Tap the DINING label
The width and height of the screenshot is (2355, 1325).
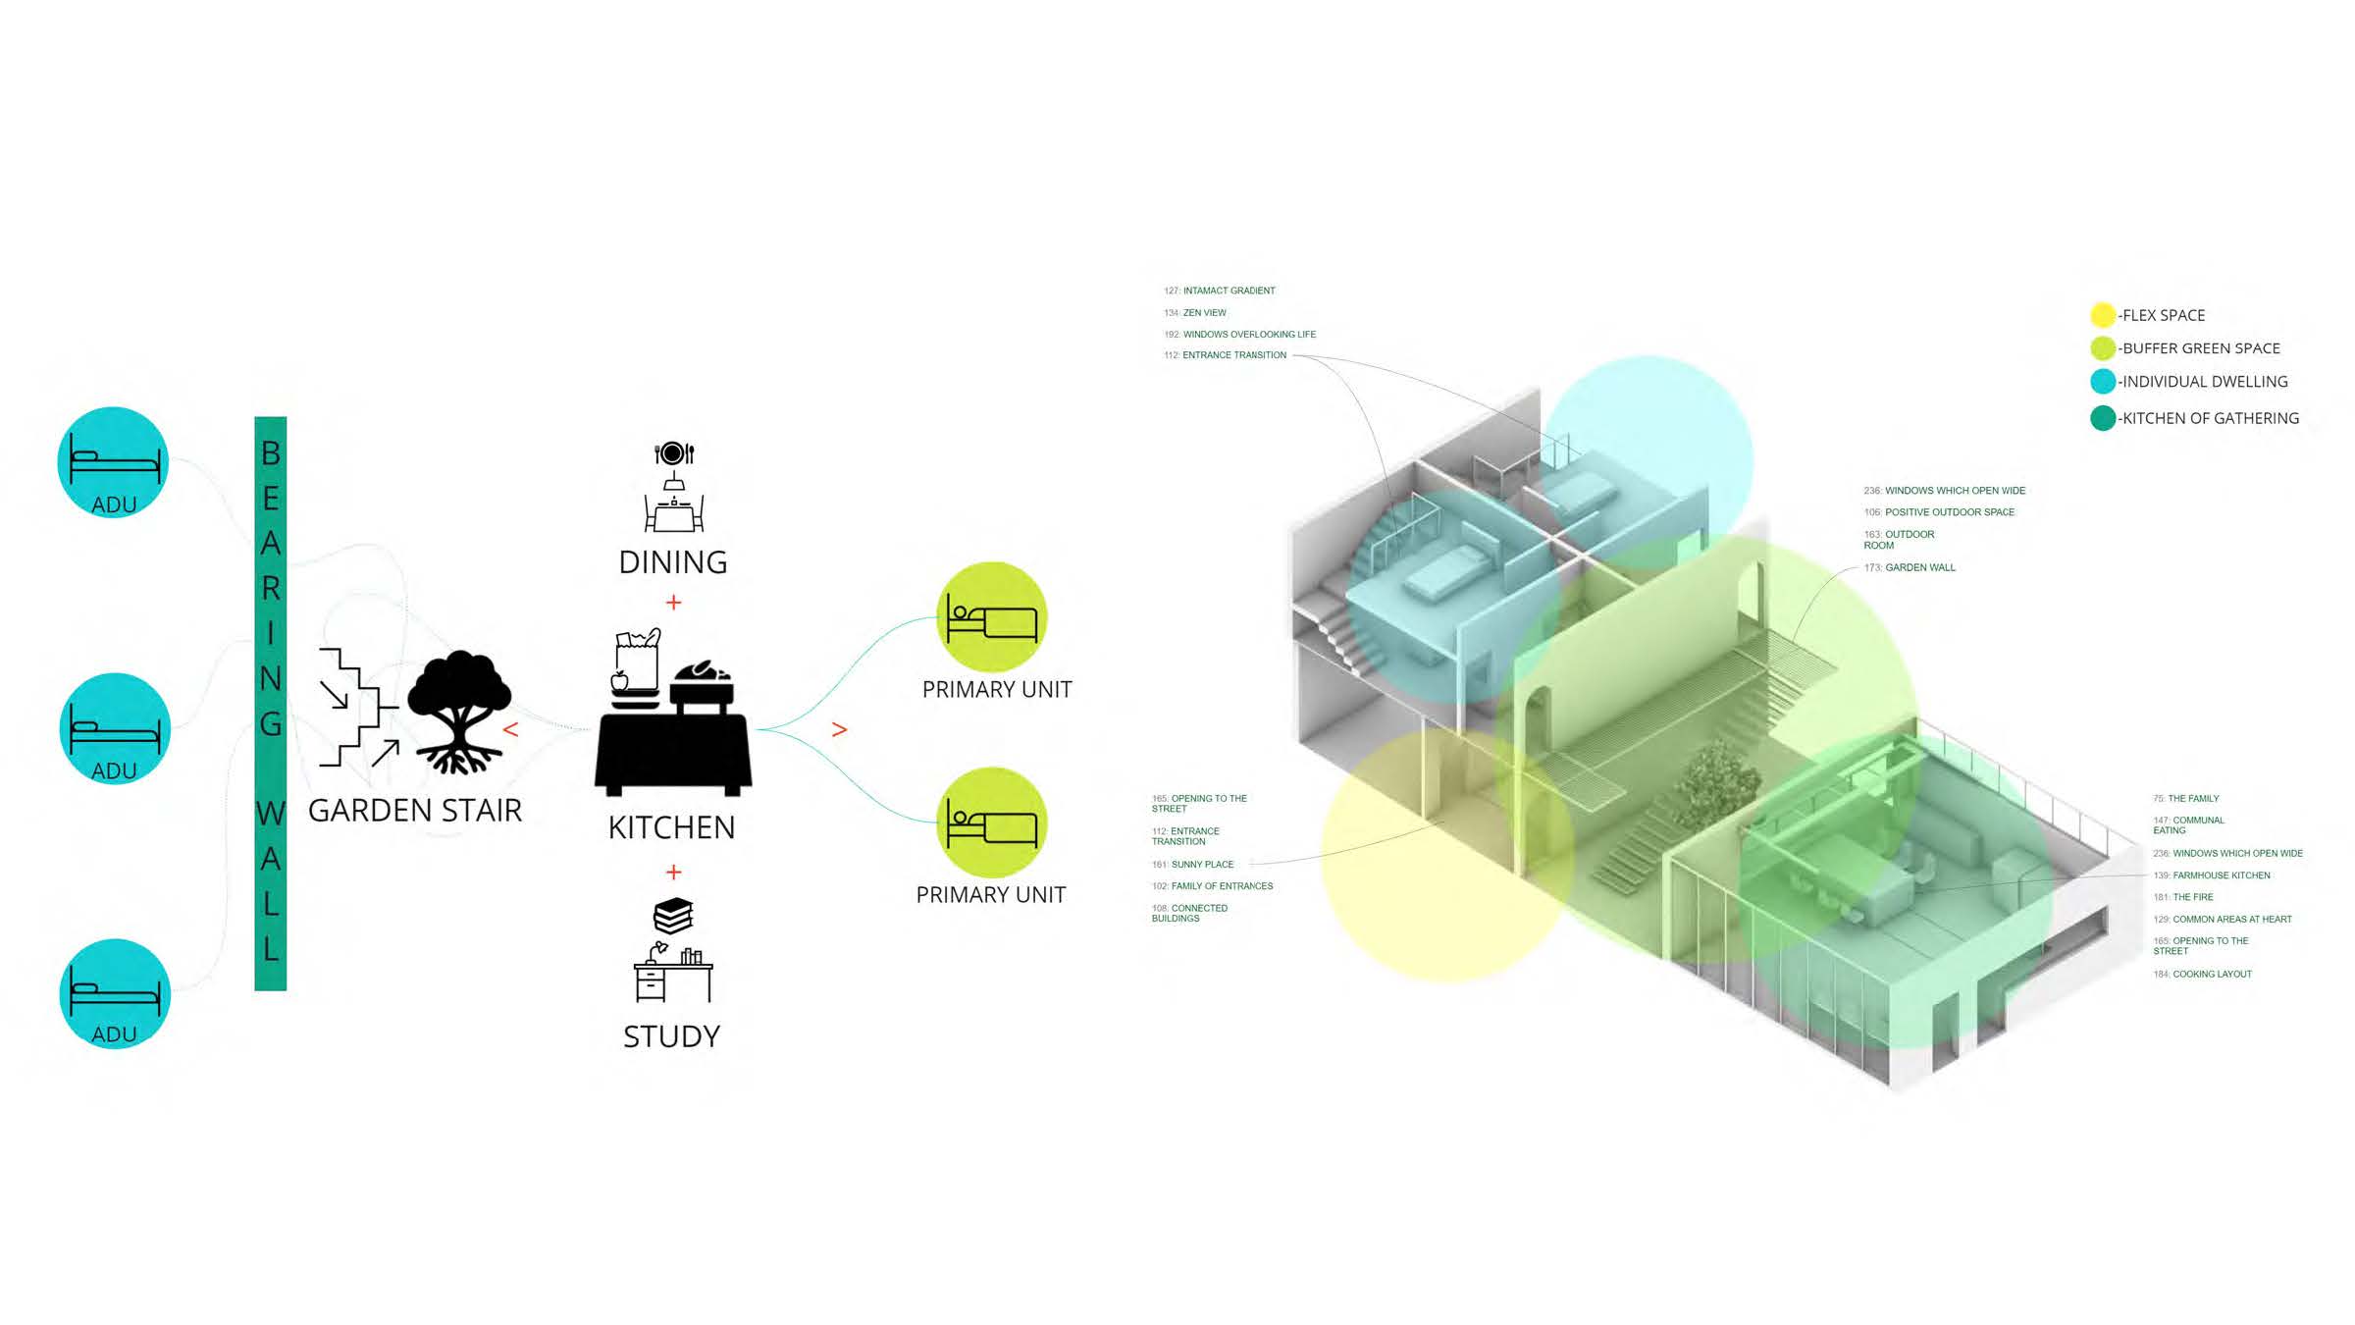pyautogui.click(x=673, y=562)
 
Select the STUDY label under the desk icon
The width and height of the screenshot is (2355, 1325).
pyautogui.click(x=672, y=1036)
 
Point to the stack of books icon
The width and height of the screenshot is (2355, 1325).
pyautogui.click(x=673, y=916)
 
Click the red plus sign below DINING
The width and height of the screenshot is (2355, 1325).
pyautogui.click(x=673, y=603)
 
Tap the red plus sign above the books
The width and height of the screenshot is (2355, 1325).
pyautogui.click(x=673, y=873)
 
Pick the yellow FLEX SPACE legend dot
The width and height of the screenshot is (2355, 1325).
pyautogui.click(x=2102, y=315)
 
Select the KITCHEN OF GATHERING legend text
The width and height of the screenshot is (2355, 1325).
pyautogui.click(x=2210, y=418)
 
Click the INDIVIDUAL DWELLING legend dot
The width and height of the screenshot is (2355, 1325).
pyautogui.click(x=2102, y=382)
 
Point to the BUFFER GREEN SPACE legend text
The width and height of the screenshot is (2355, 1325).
pyautogui.click(x=2201, y=348)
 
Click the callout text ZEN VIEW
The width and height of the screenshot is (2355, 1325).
pyautogui.click(x=1204, y=313)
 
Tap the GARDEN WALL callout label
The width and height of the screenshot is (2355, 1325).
pyautogui.click(x=1919, y=567)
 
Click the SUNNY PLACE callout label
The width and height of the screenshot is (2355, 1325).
pyautogui.click(x=1202, y=865)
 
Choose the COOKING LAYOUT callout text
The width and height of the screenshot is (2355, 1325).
pyautogui.click(x=2212, y=975)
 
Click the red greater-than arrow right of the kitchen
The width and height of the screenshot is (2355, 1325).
pyautogui.click(x=839, y=729)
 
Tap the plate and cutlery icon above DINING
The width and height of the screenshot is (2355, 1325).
pyautogui.click(x=673, y=453)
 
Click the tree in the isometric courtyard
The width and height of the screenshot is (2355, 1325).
pyautogui.click(x=1716, y=780)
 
